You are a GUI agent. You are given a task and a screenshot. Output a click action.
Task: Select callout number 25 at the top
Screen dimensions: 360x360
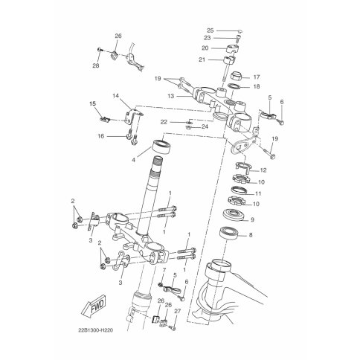(210, 30)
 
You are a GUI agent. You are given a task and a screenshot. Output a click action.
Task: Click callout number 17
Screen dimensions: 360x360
(257, 77)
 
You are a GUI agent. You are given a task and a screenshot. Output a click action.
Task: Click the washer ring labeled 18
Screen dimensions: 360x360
(234, 86)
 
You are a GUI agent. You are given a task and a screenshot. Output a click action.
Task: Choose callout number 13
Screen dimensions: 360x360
(170, 96)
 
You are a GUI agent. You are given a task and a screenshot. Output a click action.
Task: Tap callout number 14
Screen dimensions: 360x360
(115, 95)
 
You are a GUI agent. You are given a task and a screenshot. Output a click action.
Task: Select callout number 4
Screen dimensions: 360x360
(133, 160)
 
